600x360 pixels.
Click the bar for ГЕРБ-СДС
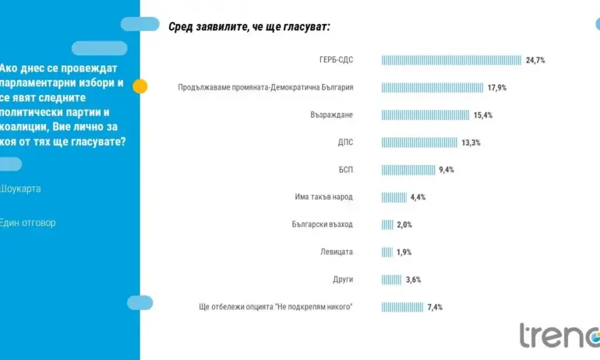tap(451, 60)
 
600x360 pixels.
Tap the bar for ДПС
tap(419, 143)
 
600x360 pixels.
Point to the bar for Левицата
tap(386, 252)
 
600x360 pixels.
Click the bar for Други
tap(391, 279)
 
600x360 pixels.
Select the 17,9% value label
tap(497, 88)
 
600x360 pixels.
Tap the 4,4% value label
tap(418, 197)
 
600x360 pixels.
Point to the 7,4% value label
tap(435, 307)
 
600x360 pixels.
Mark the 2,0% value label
tap(404, 224)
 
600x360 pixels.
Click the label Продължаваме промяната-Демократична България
tap(266, 88)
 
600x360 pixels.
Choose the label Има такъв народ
tap(324, 197)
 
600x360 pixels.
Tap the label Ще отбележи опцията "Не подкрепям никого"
tap(277, 307)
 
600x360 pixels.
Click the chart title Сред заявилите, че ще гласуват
tap(249, 26)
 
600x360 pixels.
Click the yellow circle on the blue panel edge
tap(140, 86)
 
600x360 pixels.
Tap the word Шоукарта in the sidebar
tap(21, 189)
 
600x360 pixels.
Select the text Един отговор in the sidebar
tap(28, 223)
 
